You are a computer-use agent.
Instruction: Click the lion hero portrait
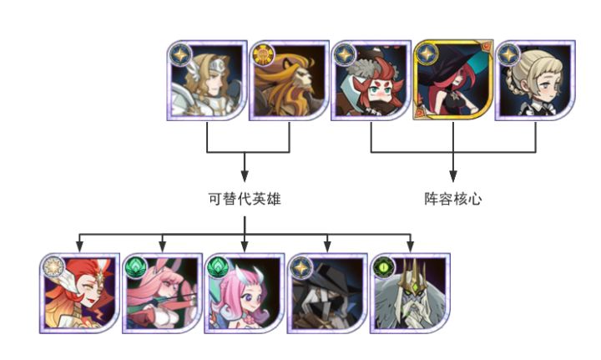coord(289,80)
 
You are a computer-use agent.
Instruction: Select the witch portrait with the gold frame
coord(453,79)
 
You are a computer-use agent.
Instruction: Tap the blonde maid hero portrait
coord(535,80)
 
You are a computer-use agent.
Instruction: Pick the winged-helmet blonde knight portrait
coord(207,80)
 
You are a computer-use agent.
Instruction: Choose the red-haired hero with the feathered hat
coord(371,80)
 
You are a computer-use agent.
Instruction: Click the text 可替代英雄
coord(245,199)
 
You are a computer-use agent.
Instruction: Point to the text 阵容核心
coord(453,199)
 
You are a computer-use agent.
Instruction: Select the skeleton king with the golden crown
coord(410,293)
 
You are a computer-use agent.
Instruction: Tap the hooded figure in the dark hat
coord(327,293)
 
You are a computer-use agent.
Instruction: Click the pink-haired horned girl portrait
coord(245,293)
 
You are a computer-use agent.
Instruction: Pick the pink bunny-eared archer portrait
coord(162,293)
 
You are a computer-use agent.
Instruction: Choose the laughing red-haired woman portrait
coord(80,293)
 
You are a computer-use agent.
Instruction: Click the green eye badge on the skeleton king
coord(384,266)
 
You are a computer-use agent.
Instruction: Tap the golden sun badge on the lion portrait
coord(263,54)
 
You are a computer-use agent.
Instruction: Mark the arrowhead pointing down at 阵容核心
coord(453,177)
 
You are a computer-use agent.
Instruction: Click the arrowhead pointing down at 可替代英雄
coord(245,177)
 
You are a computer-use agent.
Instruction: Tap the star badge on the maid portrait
coord(509,54)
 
